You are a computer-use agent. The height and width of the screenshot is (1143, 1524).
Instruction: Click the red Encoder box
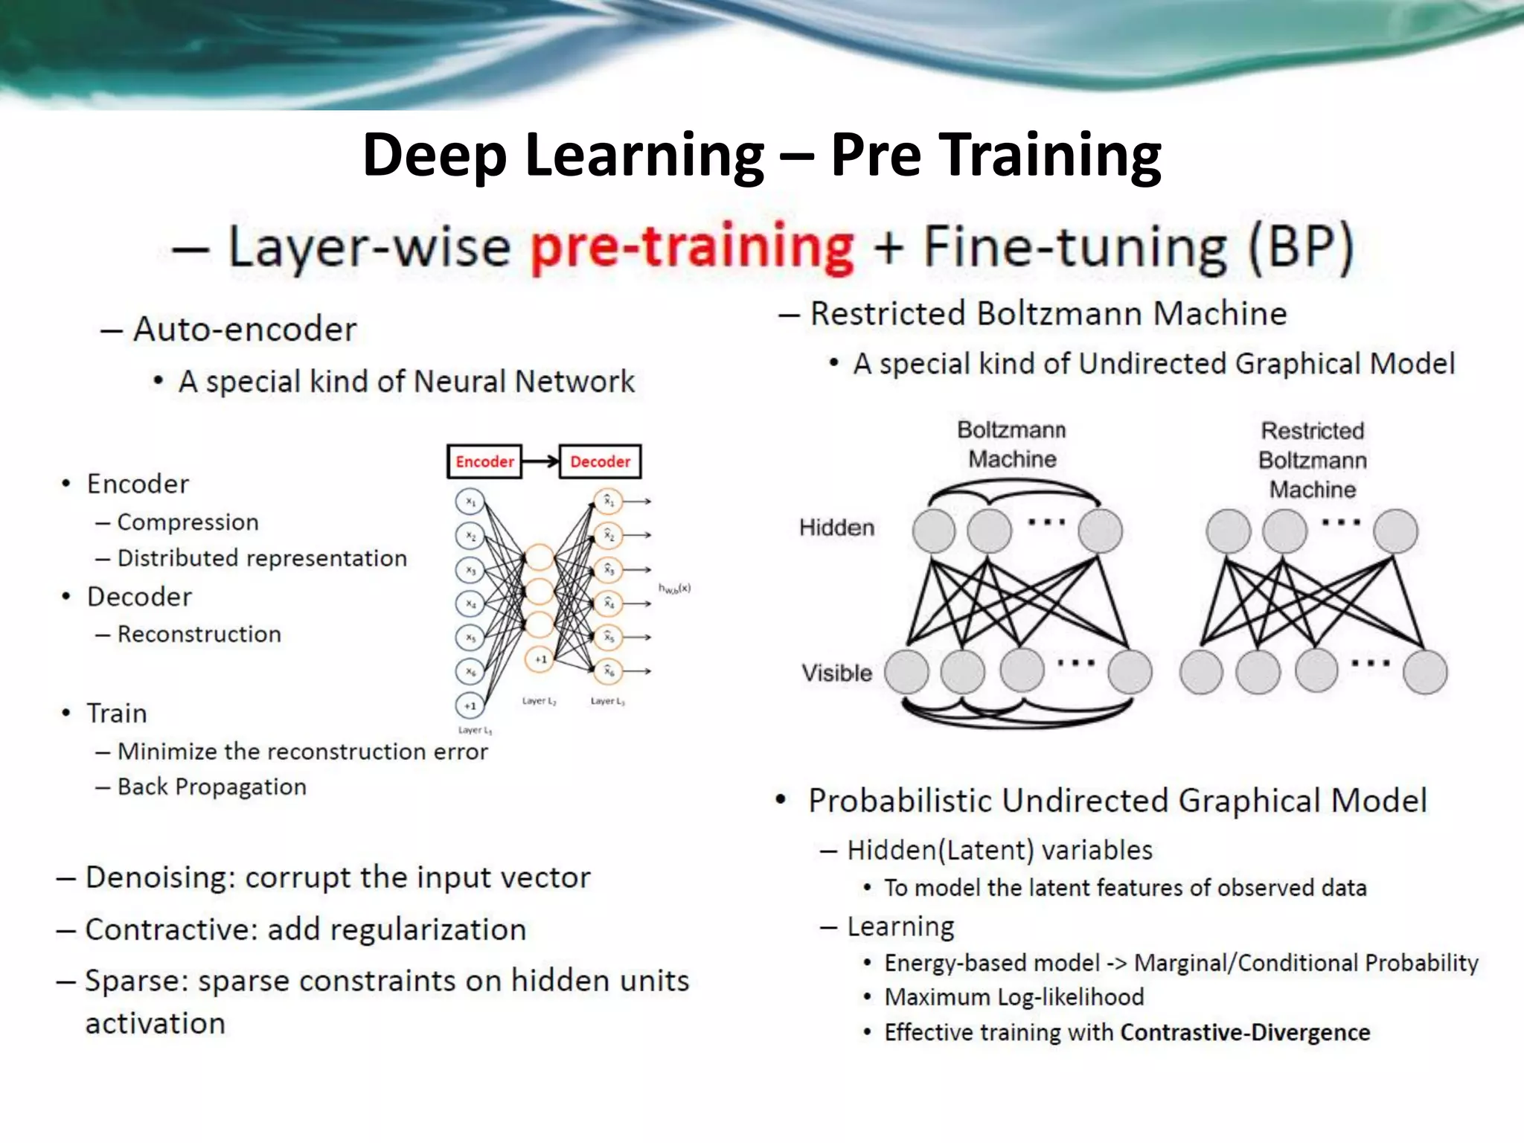(x=484, y=461)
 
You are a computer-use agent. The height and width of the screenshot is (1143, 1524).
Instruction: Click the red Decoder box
(x=600, y=461)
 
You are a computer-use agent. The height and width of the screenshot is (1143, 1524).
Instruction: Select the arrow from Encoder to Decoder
(x=541, y=461)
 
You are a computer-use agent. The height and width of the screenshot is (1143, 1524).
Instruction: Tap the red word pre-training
(x=692, y=247)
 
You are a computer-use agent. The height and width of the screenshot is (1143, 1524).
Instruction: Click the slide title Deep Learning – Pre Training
(x=761, y=154)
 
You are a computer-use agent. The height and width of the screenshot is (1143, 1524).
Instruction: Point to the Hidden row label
(x=836, y=528)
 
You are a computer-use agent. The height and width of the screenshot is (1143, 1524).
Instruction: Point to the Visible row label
(x=836, y=673)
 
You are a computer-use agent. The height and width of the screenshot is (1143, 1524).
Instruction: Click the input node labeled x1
(x=470, y=502)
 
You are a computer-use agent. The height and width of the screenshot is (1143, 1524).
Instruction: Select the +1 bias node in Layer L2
(x=540, y=659)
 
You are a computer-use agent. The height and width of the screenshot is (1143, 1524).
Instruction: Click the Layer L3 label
(x=607, y=701)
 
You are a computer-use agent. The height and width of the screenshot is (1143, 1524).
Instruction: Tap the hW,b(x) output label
(x=674, y=588)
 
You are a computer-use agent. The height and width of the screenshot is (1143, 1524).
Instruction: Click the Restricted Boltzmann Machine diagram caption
(x=1312, y=460)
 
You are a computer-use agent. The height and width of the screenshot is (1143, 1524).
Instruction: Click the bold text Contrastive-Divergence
(x=1245, y=1032)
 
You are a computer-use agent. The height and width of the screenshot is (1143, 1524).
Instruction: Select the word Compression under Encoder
(x=188, y=522)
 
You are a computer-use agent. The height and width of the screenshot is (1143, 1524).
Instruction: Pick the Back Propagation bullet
(x=211, y=787)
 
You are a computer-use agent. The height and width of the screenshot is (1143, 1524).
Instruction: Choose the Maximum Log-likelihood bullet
(x=1014, y=997)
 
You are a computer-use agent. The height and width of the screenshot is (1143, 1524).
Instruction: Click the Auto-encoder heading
(x=244, y=329)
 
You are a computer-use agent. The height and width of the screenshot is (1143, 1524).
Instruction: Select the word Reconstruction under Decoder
(x=199, y=634)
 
